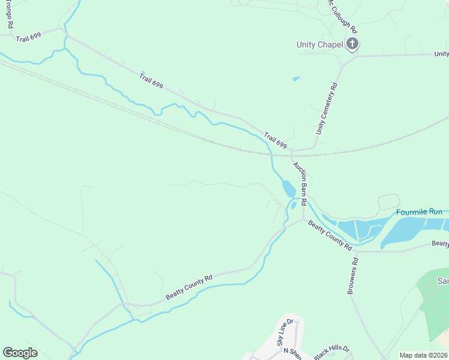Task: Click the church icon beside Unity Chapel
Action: coord(352,44)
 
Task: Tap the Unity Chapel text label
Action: coord(319,44)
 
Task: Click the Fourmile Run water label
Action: coord(419,212)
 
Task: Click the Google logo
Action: coord(20,353)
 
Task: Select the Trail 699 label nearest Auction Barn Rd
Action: coord(275,141)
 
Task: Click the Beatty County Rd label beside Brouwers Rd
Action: coord(330,235)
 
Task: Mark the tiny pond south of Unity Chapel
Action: coord(295,78)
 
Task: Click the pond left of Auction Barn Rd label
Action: coord(288,189)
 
